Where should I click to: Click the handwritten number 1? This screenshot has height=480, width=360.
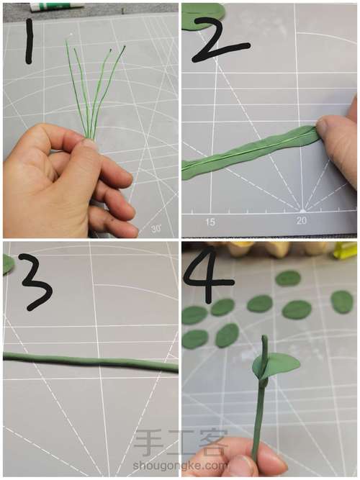(29, 42)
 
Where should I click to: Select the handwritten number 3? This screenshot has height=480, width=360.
(36, 281)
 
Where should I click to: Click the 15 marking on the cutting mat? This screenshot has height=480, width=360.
(210, 222)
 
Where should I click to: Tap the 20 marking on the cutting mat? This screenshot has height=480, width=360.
(302, 220)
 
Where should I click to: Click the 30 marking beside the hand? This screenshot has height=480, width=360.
(156, 228)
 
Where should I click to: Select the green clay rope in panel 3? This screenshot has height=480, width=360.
(91, 362)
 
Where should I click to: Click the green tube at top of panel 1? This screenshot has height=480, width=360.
(57, 6)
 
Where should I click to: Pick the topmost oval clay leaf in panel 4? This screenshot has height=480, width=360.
(288, 279)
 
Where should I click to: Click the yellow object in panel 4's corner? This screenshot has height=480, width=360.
(345, 250)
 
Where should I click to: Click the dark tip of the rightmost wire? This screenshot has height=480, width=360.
(124, 47)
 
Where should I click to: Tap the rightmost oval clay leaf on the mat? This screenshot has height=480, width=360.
(342, 302)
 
